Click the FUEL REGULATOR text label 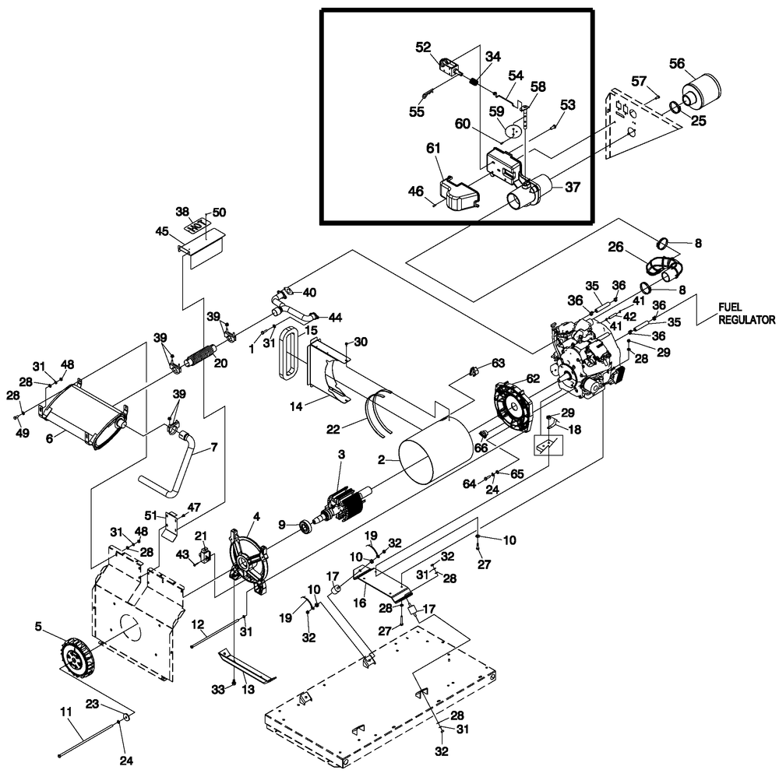coord(746,314)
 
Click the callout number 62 coord(532,379)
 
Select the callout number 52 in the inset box coord(423,47)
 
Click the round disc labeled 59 coord(512,131)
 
